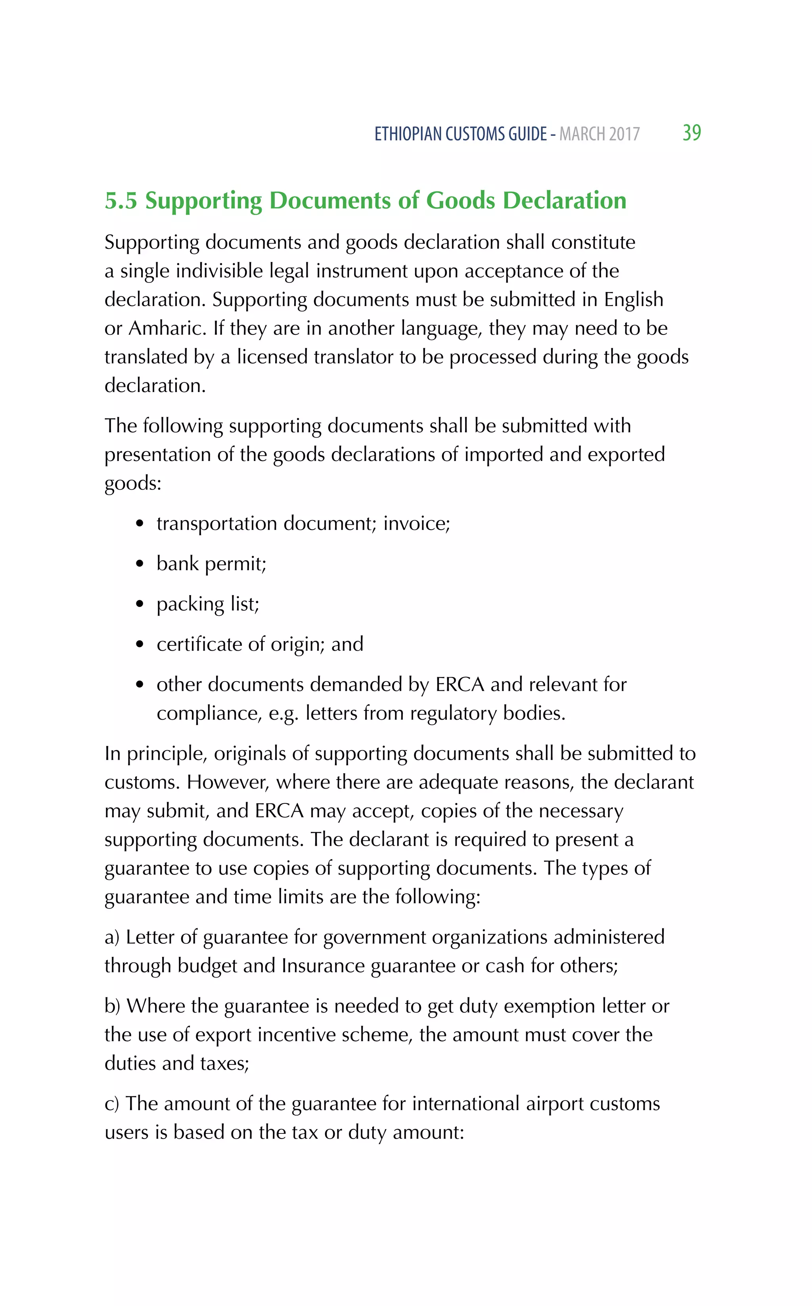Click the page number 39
coord(692,133)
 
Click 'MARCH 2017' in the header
coord(599,134)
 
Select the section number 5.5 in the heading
coord(121,201)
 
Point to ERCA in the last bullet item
coord(460,685)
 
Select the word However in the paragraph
coord(227,783)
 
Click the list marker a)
coord(112,937)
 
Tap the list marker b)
coord(112,1006)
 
